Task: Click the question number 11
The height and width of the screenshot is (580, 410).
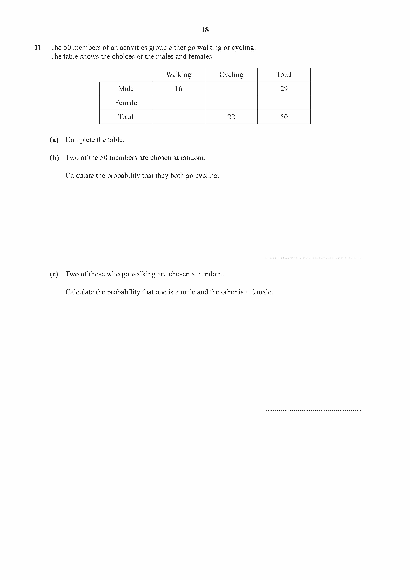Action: [38, 48]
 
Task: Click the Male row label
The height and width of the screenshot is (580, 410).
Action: [126, 89]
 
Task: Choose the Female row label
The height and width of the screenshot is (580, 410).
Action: [126, 103]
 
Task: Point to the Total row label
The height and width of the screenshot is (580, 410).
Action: [126, 117]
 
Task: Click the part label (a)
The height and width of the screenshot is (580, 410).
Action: [54, 140]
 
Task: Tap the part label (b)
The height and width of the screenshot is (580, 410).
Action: [54, 158]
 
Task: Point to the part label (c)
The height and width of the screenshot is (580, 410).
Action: [54, 274]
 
